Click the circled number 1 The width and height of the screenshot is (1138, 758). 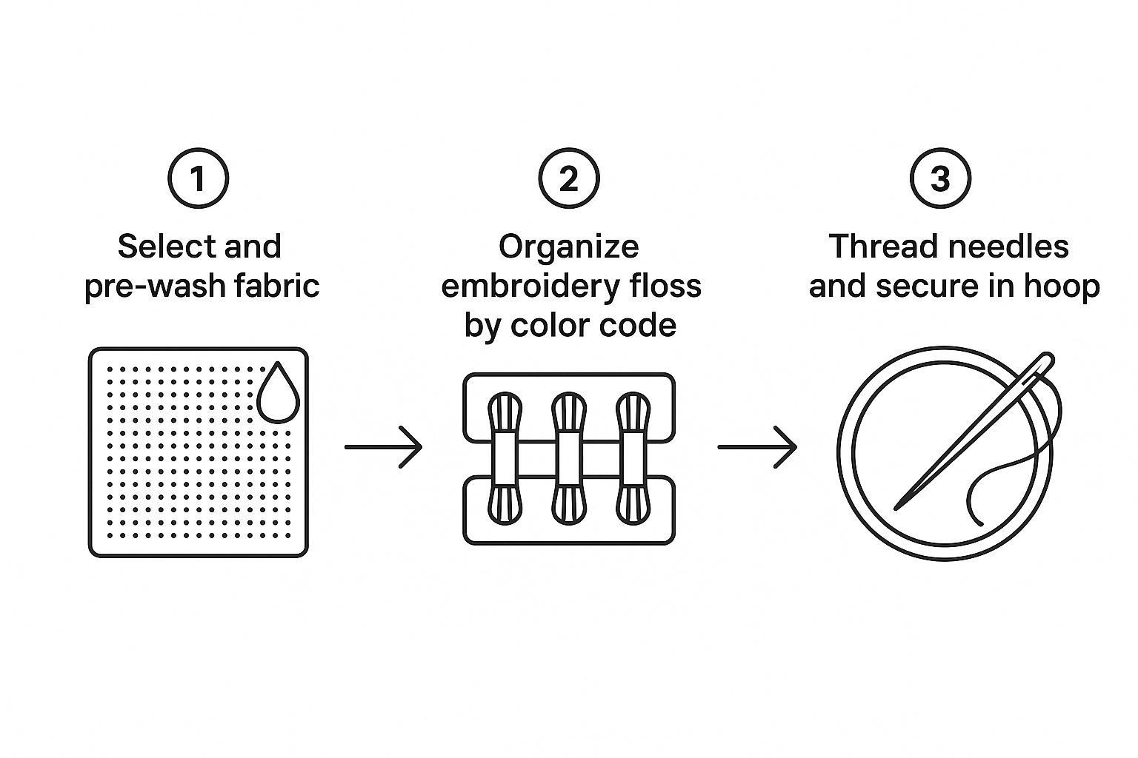[198, 179]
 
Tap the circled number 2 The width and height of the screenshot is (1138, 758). [568, 179]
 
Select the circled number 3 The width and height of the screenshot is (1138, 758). [939, 179]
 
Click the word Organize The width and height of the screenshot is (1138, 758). [568, 246]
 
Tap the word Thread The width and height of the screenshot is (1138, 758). [877, 246]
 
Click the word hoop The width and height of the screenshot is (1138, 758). [1063, 286]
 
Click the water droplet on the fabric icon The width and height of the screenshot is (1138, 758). [278, 393]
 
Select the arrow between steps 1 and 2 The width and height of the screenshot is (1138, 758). [383, 447]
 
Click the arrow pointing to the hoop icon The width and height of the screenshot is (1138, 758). [756, 447]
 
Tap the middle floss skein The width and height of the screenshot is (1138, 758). [569, 458]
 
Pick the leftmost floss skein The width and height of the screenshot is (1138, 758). [505, 458]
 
